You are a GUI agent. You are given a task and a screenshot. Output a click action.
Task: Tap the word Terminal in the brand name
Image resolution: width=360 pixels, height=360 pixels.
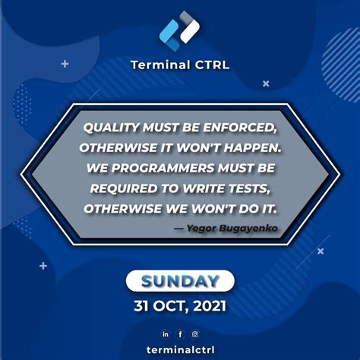coord(158,65)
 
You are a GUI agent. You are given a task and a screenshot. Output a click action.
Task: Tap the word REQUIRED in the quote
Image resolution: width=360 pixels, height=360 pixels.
coord(122,187)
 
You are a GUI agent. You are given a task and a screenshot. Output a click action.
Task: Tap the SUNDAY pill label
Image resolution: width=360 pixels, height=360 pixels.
coord(180,281)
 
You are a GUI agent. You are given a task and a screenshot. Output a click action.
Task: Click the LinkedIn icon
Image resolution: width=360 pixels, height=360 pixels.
coord(166,333)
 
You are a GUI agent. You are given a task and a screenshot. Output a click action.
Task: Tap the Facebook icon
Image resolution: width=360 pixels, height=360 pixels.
coord(180,333)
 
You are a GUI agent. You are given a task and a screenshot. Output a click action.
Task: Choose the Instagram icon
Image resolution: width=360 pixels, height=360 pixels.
coord(194,333)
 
